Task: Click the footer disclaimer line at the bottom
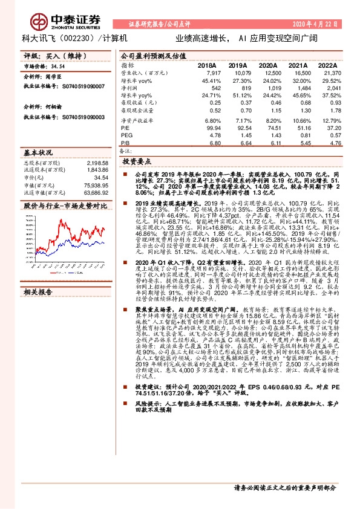click(284, 487)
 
